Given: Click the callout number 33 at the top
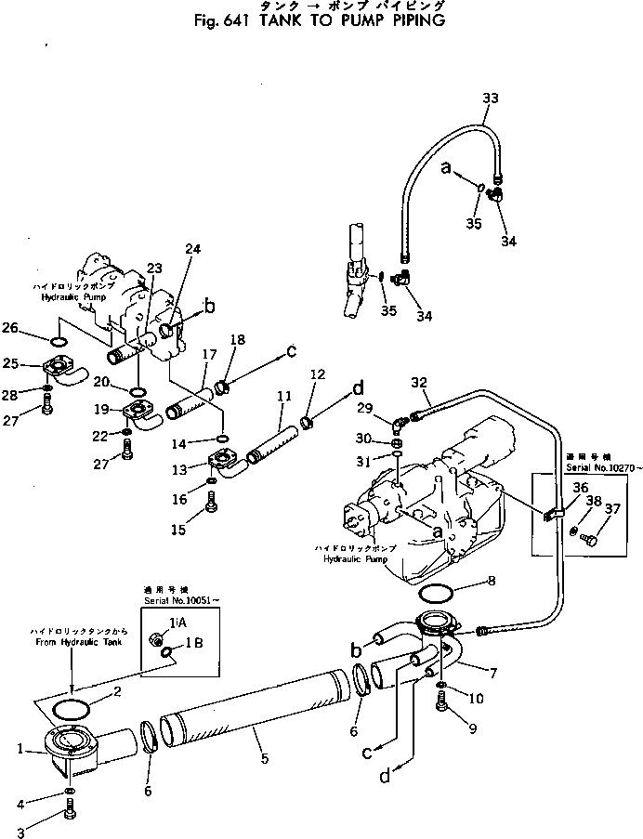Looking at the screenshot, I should (491, 98).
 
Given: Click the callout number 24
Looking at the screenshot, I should (191, 249).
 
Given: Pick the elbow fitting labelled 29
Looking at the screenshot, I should (399, 426).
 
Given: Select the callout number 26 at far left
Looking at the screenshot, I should (34, 326).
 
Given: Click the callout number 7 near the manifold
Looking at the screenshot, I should (490, 671).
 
